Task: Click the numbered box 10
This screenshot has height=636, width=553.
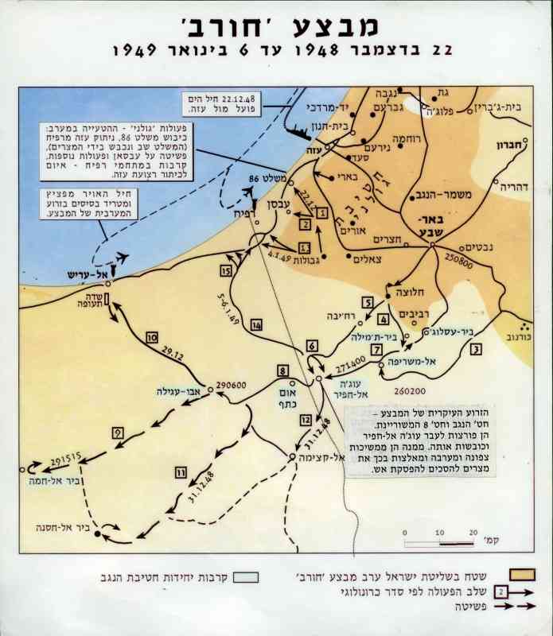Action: (x=152, y=338)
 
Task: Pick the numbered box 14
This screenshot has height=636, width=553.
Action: (x=256, y=325)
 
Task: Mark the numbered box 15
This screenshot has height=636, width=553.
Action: (x=226, y=271)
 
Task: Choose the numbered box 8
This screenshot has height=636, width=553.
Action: (x=282, y=370)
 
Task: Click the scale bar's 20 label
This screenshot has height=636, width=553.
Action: (x=473, y=533)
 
